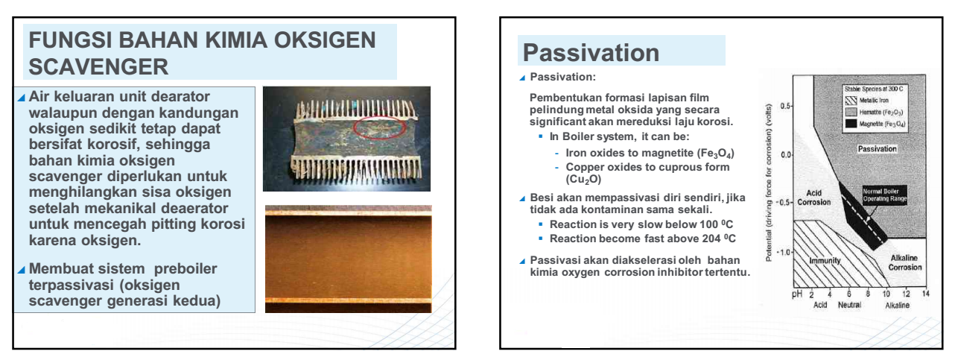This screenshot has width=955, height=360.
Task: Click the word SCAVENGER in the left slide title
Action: pos(98,67)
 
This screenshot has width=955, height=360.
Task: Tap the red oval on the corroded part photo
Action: pos(379,127)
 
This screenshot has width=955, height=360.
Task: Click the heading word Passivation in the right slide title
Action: pos(591,53)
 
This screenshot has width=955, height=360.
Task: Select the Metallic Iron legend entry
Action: pos(867,101)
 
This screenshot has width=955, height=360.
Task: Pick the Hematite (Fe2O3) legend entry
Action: pos(874,113)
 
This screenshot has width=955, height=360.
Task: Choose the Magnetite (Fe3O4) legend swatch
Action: pos(851,124)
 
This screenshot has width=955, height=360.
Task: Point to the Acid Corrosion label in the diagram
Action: pos(814,198)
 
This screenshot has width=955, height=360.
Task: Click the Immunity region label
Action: pos(825,260)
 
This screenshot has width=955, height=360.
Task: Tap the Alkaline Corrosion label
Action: pos(904,263)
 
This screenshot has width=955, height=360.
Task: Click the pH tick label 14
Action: pos(925,294)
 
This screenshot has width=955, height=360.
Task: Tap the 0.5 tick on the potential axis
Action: pos(785,106)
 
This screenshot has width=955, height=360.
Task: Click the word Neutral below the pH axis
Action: pos(849,305)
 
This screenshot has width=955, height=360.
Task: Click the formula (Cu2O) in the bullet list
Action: pos(583,180)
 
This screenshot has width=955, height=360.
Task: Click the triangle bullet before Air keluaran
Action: pos(22,98)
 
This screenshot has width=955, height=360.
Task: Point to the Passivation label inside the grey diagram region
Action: pos(877,149)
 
